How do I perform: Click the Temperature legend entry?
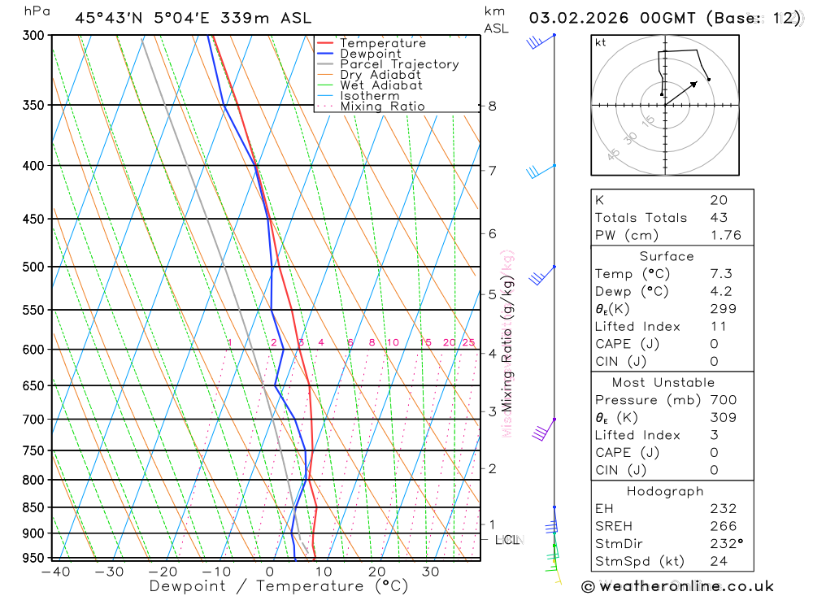point(382,43)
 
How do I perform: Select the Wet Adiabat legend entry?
point(380,85)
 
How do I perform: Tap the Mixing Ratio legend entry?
point(382,107)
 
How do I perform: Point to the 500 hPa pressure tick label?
point(32,267)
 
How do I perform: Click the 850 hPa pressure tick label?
point(32,507)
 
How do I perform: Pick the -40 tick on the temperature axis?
point(55,572)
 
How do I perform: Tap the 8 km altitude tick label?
point(493,106)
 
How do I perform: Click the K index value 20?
point(719,200)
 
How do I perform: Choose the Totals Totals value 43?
point(719,218)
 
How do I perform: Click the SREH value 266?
point(723,526)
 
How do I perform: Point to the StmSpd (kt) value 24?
point(719,562)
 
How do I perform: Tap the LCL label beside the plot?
point(506,539)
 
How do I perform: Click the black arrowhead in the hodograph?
point(694,83)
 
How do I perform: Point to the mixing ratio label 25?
point(468,343)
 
